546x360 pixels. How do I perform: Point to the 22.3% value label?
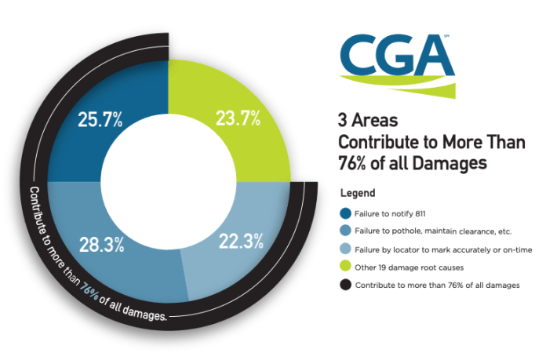241,243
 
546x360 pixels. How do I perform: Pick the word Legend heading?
358,192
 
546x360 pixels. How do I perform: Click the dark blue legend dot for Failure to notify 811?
345,213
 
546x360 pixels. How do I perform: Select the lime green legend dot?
345,267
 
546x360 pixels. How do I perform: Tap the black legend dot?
345,285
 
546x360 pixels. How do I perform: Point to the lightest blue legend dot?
345,249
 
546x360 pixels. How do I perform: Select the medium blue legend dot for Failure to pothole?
345,231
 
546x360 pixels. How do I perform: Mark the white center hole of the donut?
169,181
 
